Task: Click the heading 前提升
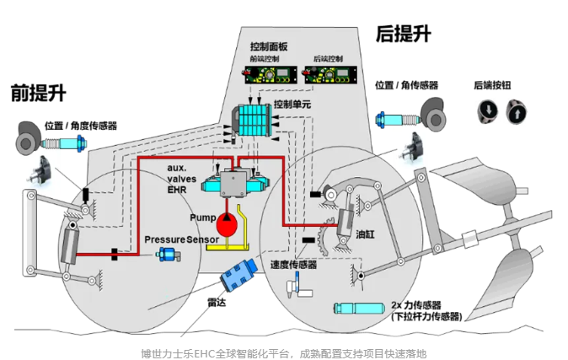(38, 92)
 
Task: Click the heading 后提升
(403, 34)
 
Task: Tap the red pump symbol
(226, 223)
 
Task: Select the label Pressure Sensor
(181, 240)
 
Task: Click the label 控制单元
(292, 105)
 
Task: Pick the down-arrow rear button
(489, 111)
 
